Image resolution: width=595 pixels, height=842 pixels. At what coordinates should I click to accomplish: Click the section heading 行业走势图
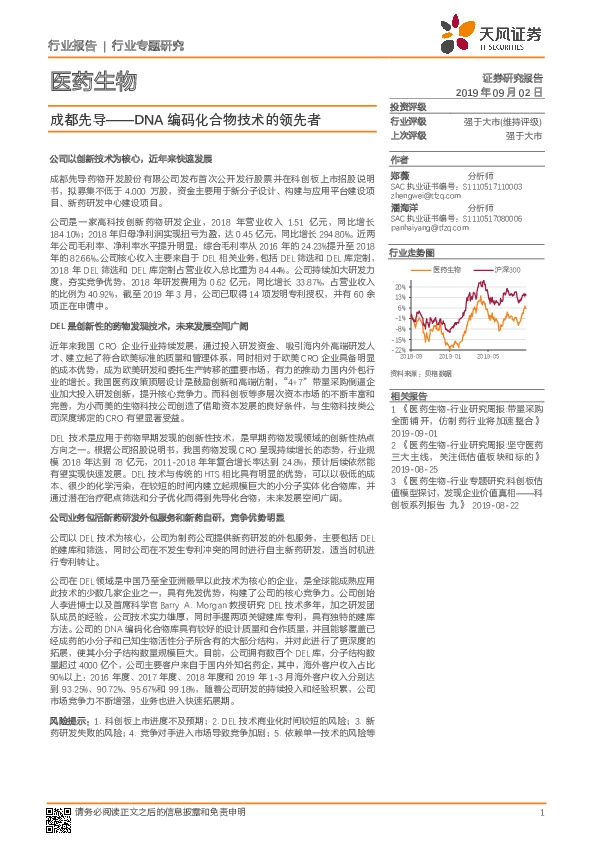tap(412, 253)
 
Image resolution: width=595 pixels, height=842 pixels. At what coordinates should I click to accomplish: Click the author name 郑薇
tap(400, 174)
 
